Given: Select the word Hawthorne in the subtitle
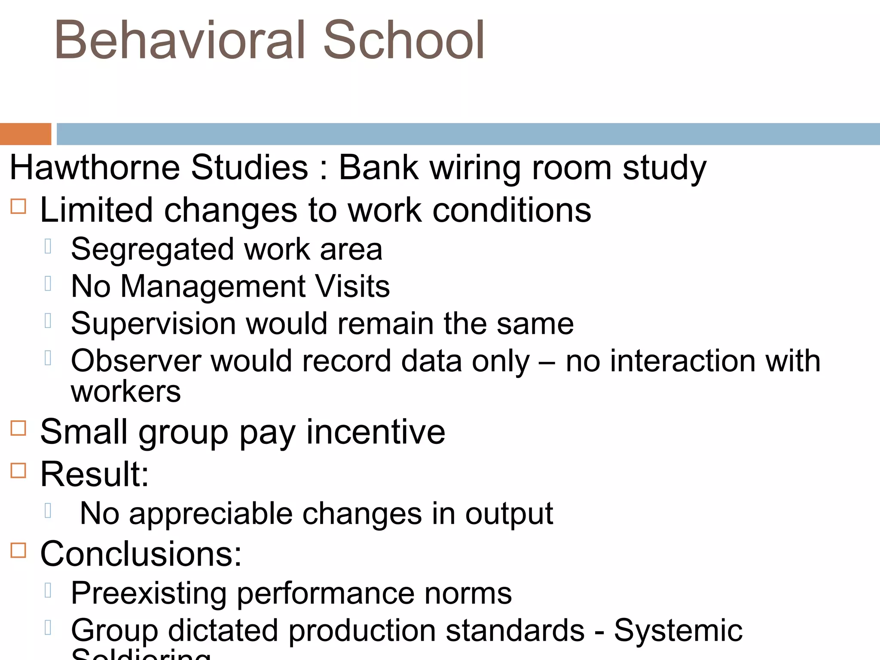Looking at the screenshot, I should pyautogui.click(x=95, y=167).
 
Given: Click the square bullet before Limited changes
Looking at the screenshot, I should pyautogui.click(x=18, y=206).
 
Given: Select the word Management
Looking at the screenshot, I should pyautogui.click(x=213, y=287).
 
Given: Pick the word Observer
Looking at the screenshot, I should pyautogui.click(x=136, y=361).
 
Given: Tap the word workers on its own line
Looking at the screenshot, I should pyautogui.click(x=125, y=392).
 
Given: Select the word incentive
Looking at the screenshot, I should pyautogui.click(x=376, y=432).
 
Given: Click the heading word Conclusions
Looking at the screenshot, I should pyautogui.click(x=141, y=554).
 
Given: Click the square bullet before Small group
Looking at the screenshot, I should pyautogui.click(x=18, y=428).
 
